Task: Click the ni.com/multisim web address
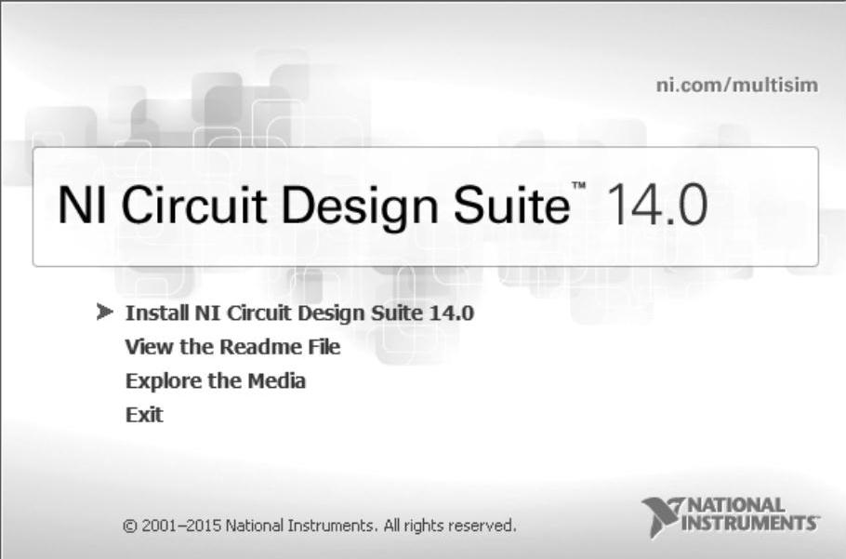(x=736, y=86)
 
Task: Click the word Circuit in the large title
(x=193, y=205)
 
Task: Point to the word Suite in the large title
(x=511, y=205)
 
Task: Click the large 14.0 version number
(x=656, y=205)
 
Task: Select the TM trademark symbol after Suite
(x=578, y=186)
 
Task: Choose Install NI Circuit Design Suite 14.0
(x=299, y=313)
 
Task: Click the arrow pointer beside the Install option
(x=105, y=312)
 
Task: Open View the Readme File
(x=232, y=346)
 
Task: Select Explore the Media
(x=216, y=380)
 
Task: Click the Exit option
(x=144, y=415)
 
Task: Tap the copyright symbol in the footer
(x=130, y=526)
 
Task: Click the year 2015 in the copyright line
(x=204, y=525)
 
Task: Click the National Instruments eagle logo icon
(x=662, y=516)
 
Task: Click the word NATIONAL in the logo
(x=737, y=506)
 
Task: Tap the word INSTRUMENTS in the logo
(x=750, y=523)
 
